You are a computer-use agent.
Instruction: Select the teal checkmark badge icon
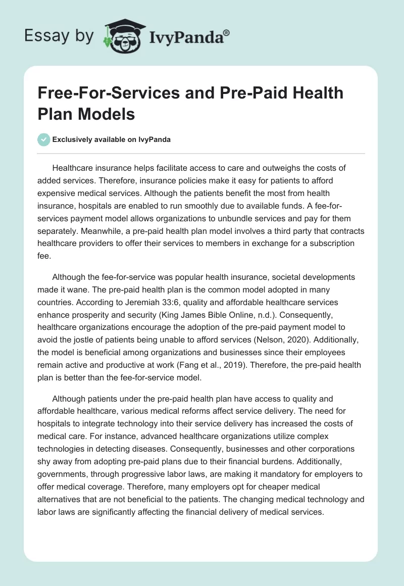click(44, 139)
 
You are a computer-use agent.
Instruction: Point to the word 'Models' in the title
click(108, 114)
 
